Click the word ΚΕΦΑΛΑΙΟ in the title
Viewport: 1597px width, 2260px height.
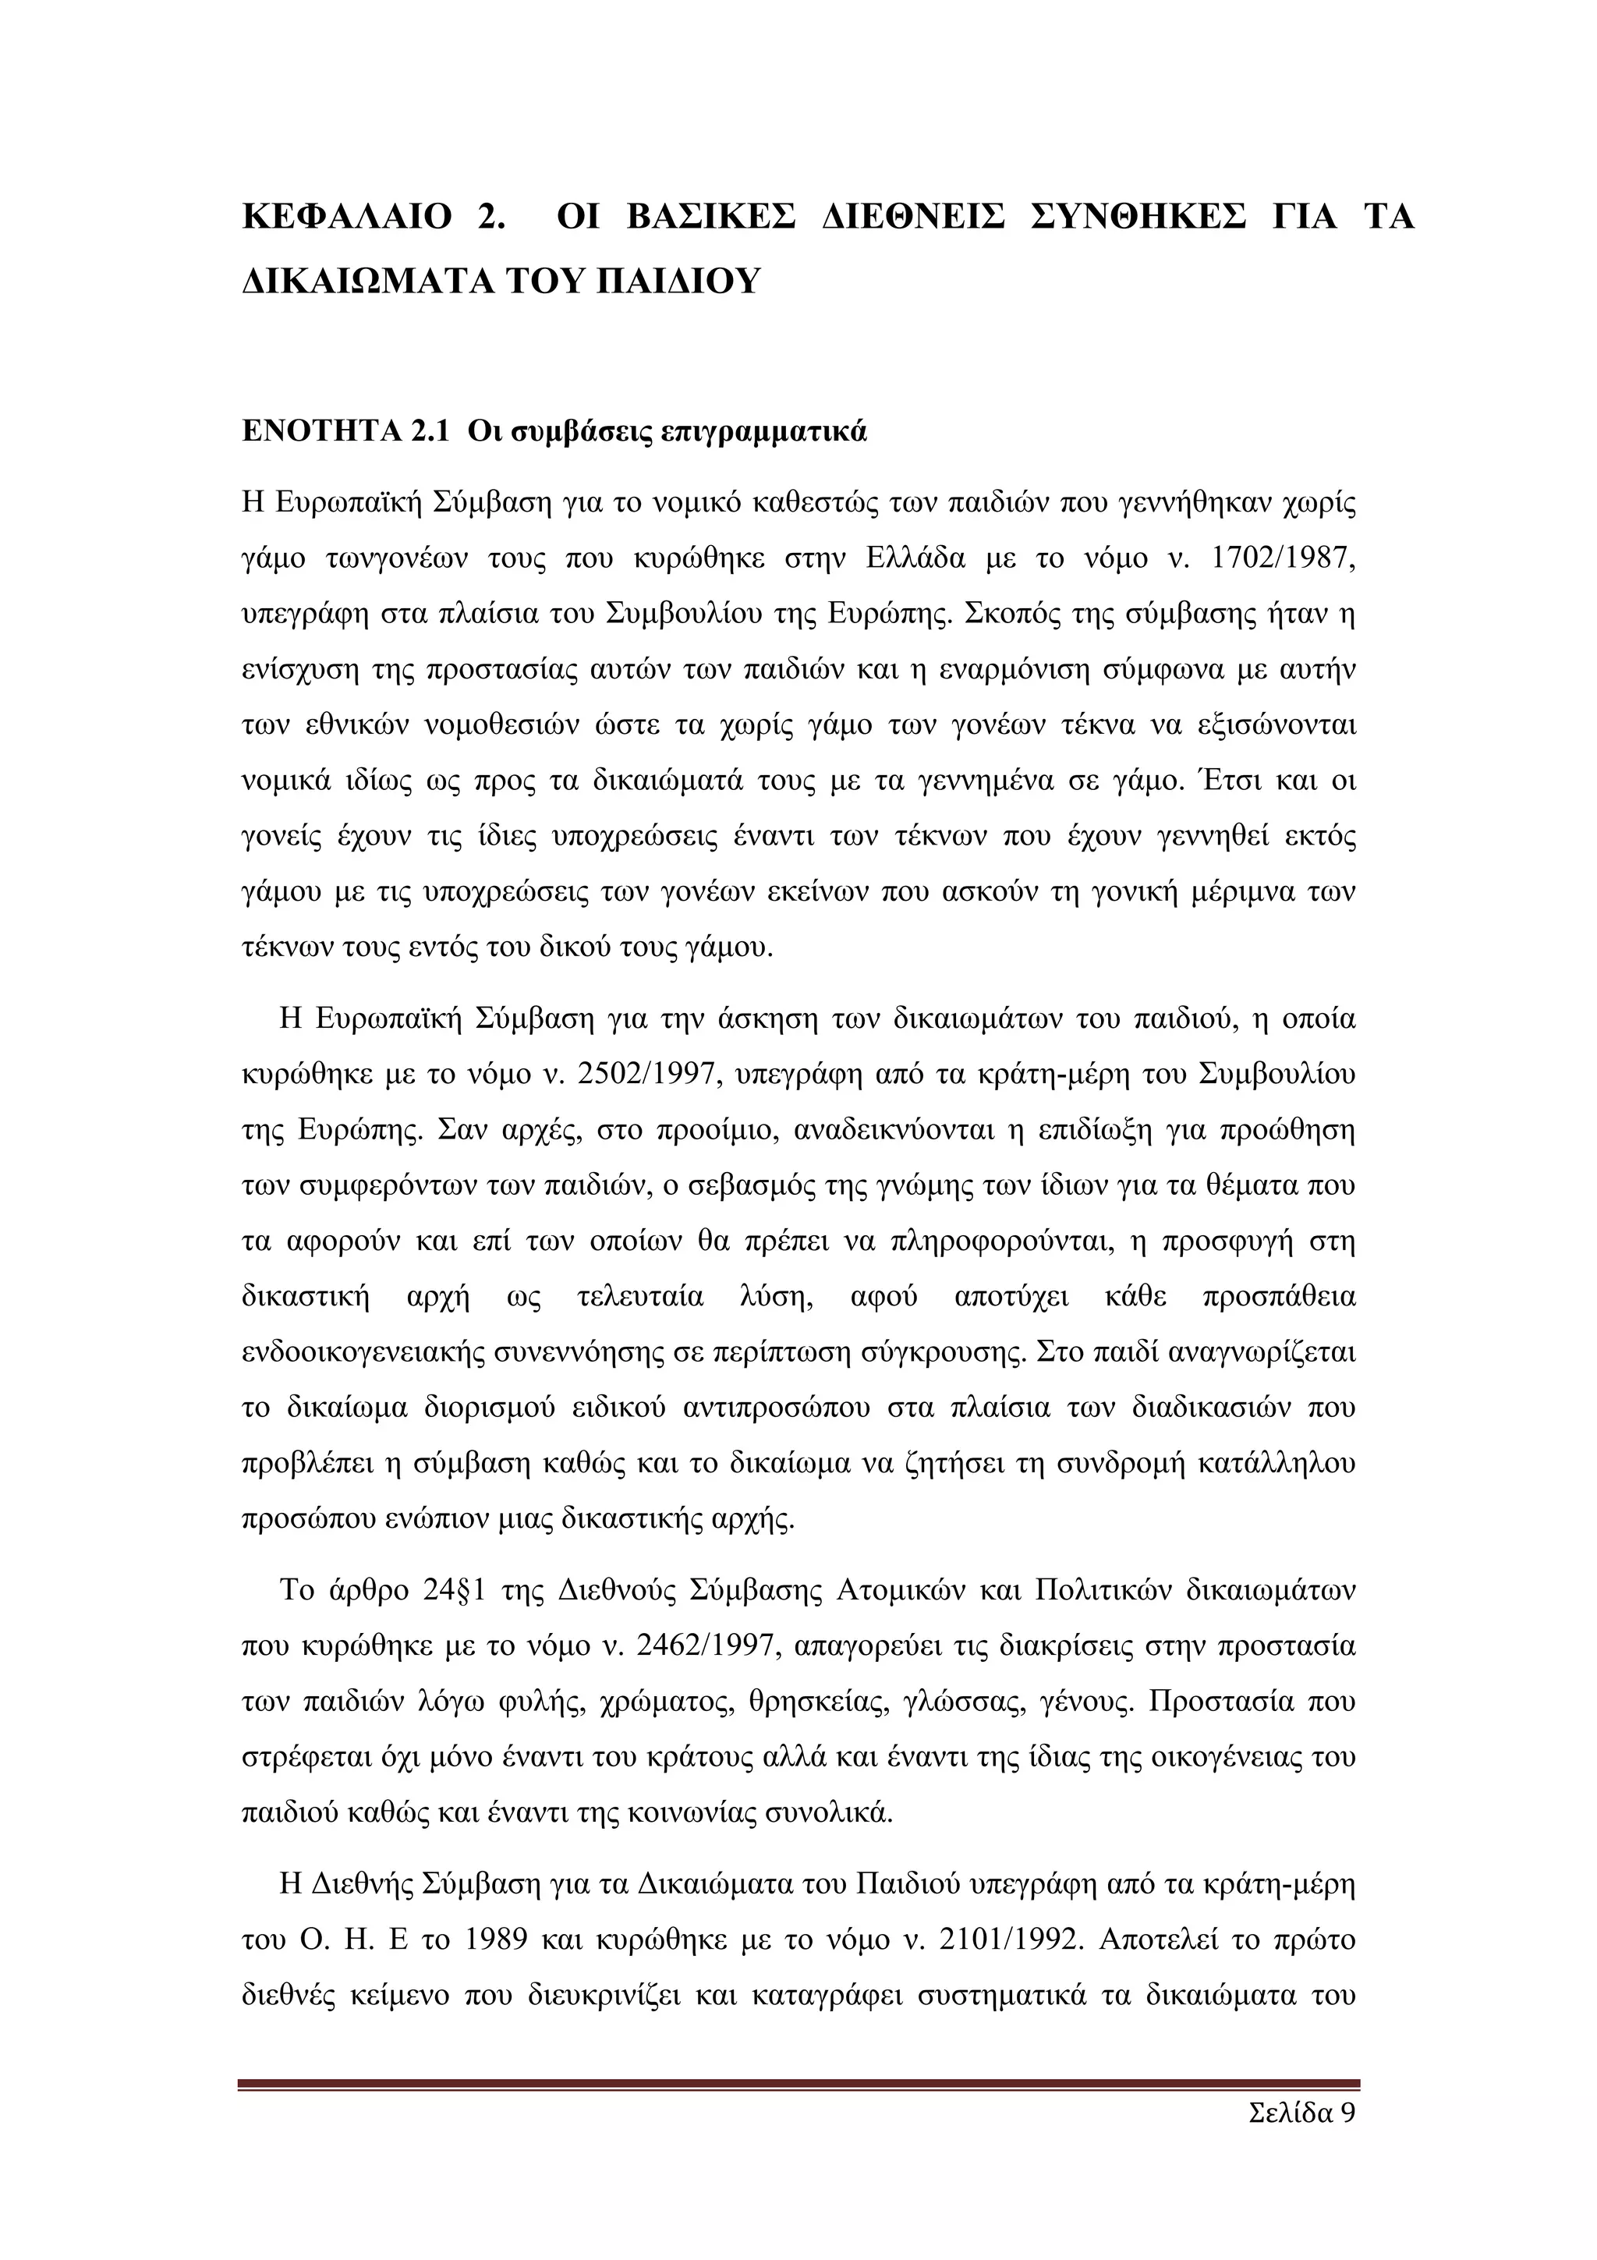(x=346, y=217)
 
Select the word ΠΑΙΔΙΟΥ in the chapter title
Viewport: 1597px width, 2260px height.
(x=679, y=282)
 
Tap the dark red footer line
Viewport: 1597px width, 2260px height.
(x=798, y=2083)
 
